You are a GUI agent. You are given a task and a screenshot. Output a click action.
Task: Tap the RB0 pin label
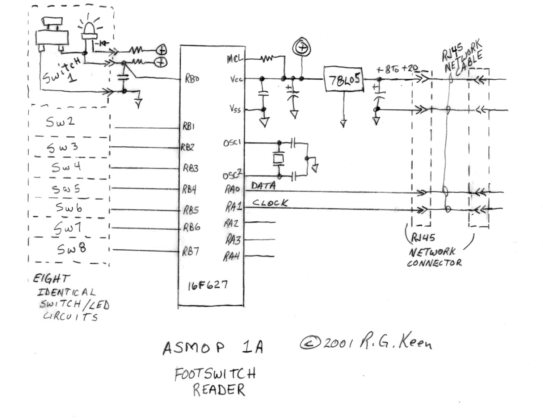[192, 79]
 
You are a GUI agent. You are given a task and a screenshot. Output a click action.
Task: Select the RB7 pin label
[190, 251]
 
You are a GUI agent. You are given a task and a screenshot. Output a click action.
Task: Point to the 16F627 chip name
[207, 285]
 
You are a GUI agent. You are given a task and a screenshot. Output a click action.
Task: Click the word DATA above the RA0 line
[263, 186]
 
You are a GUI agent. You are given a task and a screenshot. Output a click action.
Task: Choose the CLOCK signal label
[270, 203]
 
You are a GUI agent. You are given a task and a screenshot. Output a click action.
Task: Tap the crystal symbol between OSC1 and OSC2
[278, 159]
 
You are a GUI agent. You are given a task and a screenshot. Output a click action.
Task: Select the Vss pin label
[235, 108]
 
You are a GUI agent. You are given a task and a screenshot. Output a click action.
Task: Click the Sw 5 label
[66, 189]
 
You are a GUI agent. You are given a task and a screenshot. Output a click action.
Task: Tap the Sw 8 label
[71, 249]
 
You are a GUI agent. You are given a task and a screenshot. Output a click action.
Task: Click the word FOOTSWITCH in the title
[215, 374]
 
